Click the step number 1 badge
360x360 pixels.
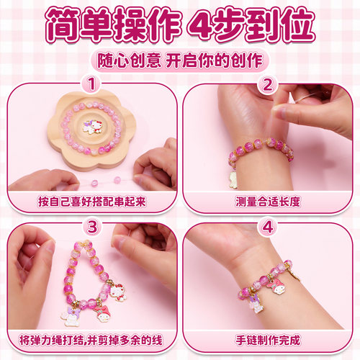(91, 85)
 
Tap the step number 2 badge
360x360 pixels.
(268, 85)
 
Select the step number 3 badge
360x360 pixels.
(91, 227)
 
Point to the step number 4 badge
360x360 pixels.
(268, 227)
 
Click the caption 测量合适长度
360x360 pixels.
(268, 201)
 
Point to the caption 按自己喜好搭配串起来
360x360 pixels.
(91, 201)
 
